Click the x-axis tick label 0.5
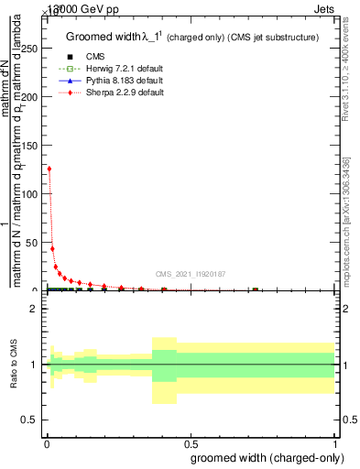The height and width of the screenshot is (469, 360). (189, 446)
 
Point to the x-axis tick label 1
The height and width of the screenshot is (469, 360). (334, 446)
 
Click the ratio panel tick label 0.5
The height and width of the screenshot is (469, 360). (30, 420)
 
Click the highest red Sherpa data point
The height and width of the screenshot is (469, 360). (49, 169)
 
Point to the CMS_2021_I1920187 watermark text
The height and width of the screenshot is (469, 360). (191, 274)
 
